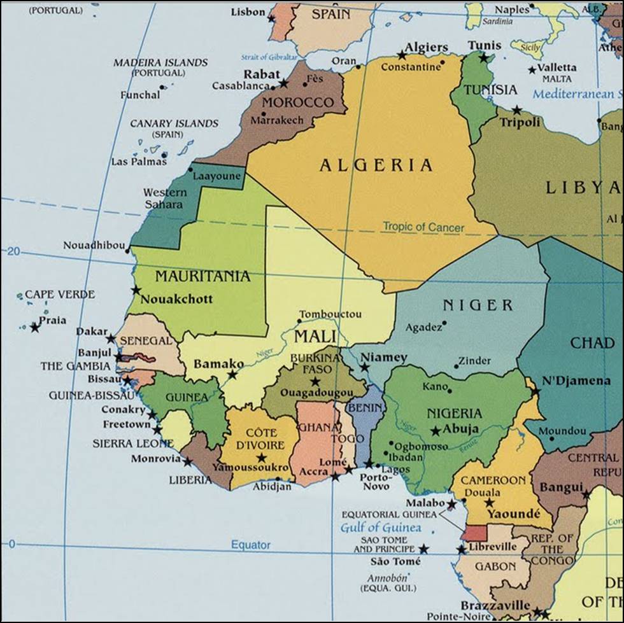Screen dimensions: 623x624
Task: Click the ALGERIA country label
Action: pos(376,165)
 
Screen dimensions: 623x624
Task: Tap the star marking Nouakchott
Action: pos(136,290)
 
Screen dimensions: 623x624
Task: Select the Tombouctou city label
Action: pos(330,314)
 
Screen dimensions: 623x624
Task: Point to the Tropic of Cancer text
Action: pos(423,227)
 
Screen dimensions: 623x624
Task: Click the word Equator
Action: pos(250,545)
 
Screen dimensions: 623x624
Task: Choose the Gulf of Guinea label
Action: pos(380,528)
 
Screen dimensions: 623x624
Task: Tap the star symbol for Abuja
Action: pos(436,431)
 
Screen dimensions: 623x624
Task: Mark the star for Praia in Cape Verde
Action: pos(34,327)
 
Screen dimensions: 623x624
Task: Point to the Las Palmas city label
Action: pos(138,162)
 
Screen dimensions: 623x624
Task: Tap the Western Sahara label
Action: pos(164,198)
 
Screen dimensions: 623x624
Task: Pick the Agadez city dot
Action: pos(444,323)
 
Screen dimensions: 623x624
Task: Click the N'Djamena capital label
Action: pos(576,381)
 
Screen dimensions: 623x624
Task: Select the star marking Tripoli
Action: pos(516,110)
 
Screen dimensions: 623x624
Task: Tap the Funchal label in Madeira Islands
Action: pos(140,95)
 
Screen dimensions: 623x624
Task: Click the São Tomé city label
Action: pos(395,561)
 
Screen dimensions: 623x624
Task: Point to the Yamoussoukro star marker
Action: pos(261,458)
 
